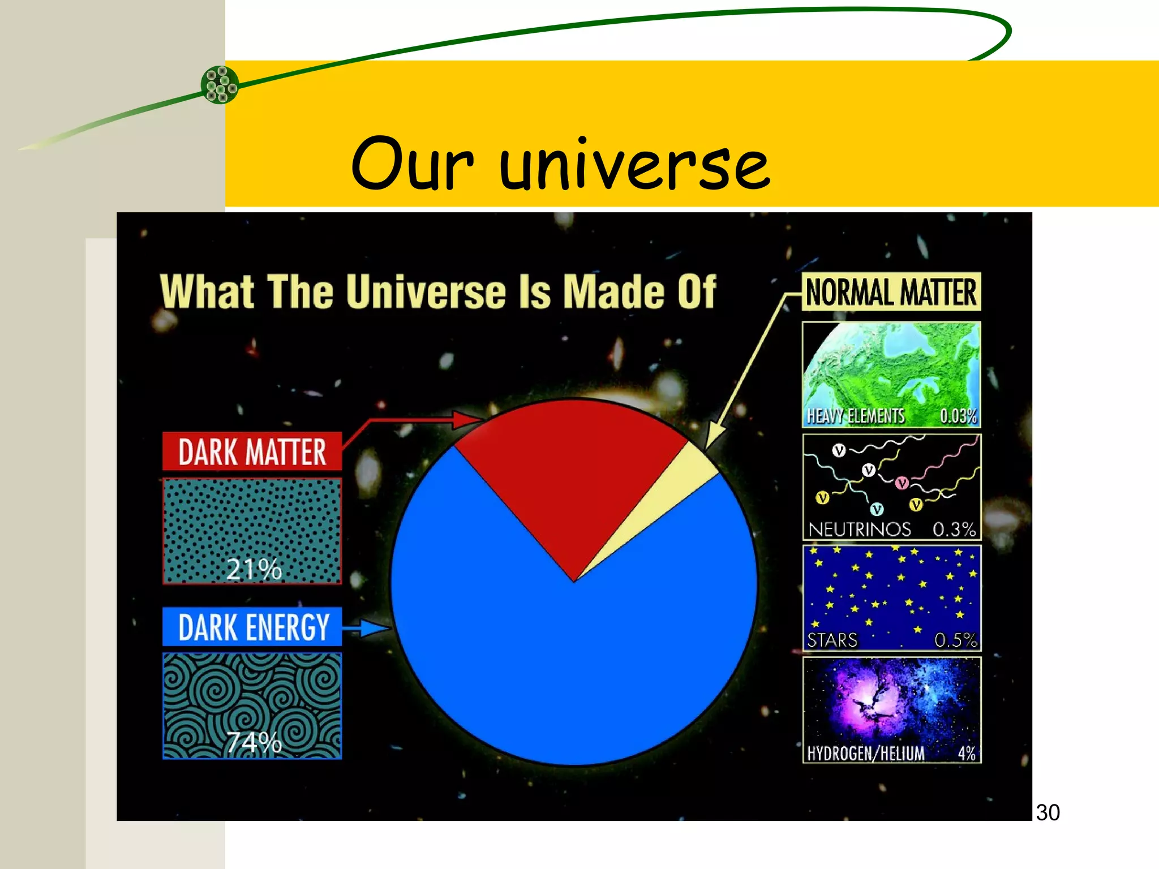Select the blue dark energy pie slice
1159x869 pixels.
click(572, 668)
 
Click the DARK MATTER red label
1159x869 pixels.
click(252, 451)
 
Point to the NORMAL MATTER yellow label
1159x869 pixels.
click(891, 292)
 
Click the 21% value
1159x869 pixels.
click(254, 569)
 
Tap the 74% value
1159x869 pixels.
click(254, 742)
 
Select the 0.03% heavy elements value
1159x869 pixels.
click(958, 416)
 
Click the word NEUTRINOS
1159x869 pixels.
click(859, 530)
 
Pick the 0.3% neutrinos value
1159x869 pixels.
click(954, 530)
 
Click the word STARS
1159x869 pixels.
click(832, 640)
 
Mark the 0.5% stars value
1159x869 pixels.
click(955, 640)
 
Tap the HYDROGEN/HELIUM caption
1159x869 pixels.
click(865, 754)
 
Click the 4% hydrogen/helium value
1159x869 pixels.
click(967, 754)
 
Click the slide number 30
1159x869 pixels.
click(1048, 812)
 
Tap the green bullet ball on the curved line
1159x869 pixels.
click(220, 85)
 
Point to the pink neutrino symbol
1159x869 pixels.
click(902, 483)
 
